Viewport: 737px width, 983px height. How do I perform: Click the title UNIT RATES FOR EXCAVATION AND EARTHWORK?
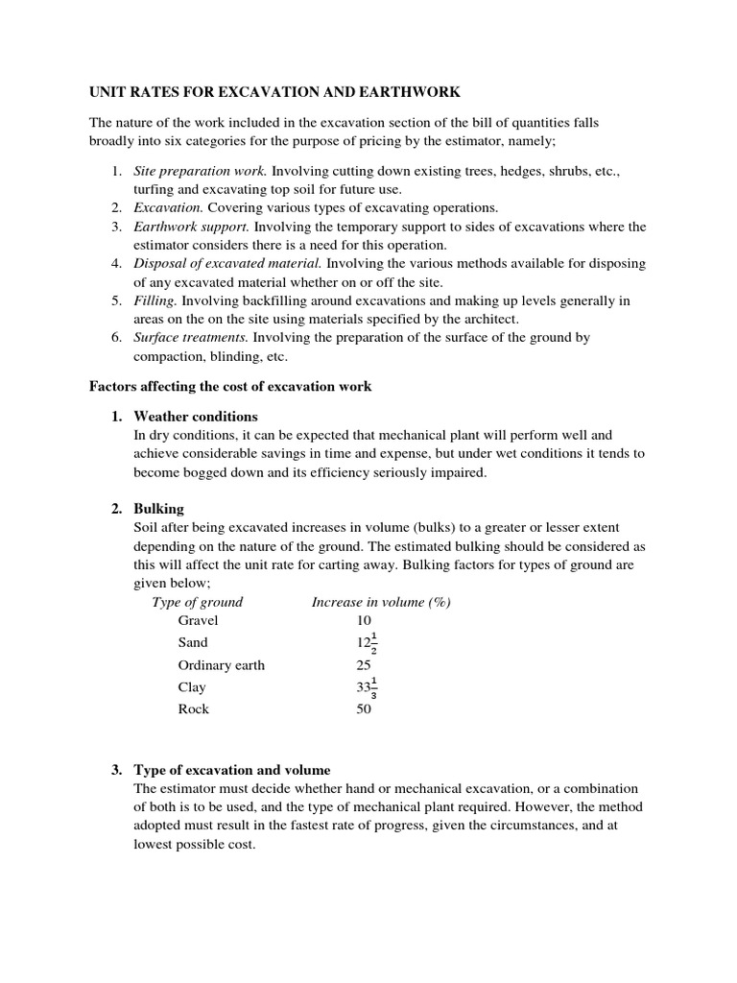tap(274, 92)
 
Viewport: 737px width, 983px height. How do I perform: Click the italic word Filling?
tap(155, 300)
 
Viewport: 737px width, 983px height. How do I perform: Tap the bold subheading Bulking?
tap(158, 509)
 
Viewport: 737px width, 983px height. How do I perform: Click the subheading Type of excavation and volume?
tap(232, 770)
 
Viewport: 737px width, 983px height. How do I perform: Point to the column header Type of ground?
tap(198, 602)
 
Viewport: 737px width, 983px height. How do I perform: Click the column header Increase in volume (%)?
tap(381, 602)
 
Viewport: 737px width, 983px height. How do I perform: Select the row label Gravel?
tap(199, 620)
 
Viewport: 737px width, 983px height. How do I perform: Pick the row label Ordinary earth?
tap(222, 665)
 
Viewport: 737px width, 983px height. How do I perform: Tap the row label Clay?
tap(192, 687)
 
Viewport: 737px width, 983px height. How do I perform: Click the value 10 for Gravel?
tap(364, 620)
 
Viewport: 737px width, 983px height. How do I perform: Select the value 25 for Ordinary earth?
tap(364, 665)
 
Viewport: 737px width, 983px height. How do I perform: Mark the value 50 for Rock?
tap(364, 709)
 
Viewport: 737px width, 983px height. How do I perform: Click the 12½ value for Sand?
tap(367, 643)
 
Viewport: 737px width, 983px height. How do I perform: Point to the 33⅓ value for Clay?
tap(367, 687)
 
